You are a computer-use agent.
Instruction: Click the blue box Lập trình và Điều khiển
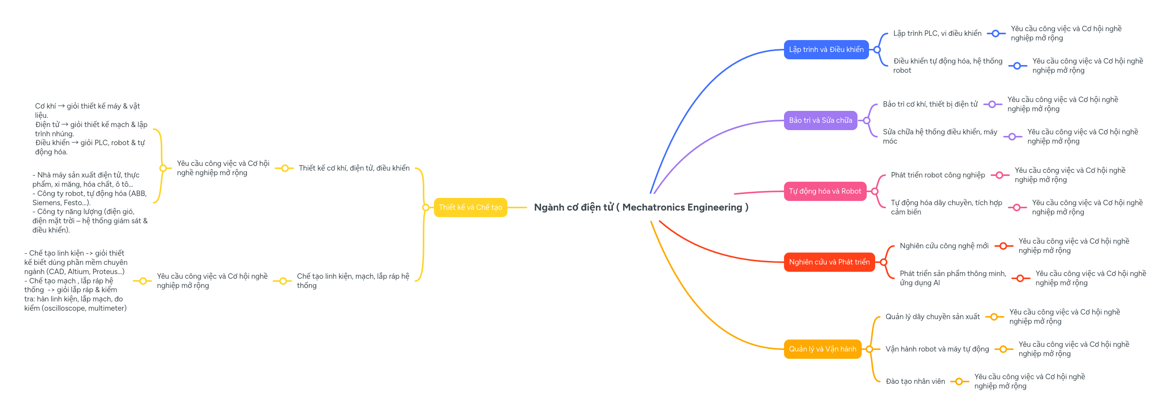coord(826,50)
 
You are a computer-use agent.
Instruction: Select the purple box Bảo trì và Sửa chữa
coord(820,120)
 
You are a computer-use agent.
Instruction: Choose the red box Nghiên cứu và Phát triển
coord(829,262)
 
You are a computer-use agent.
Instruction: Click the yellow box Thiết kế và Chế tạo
coord(470,207)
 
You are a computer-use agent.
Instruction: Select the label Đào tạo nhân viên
coord(915,382)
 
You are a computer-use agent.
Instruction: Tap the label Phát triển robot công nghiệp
coord(937,175)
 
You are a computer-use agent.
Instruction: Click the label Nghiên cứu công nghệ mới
coord(944,246)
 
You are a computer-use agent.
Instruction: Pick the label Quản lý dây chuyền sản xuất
coord(932,317)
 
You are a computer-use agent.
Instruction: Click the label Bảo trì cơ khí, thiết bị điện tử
coord(930,104)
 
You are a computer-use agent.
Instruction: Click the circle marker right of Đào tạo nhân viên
coord(959,382)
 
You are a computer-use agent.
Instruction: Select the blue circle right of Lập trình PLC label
coord(996,33)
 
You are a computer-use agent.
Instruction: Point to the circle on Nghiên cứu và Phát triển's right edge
coord(883,262)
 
